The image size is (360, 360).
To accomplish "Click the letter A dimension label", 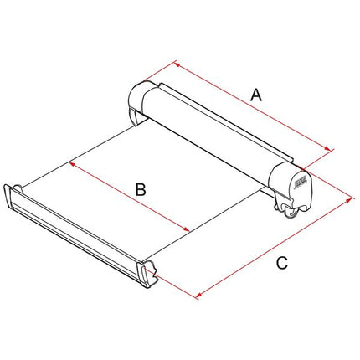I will [257, 96].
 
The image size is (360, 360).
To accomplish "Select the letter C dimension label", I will [282, 263].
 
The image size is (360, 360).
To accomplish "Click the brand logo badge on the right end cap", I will [299, 177].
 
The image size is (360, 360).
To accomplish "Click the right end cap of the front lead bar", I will [152, 275].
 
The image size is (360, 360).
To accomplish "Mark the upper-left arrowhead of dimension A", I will [176, 63].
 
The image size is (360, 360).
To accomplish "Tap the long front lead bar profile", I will [84, 235].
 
